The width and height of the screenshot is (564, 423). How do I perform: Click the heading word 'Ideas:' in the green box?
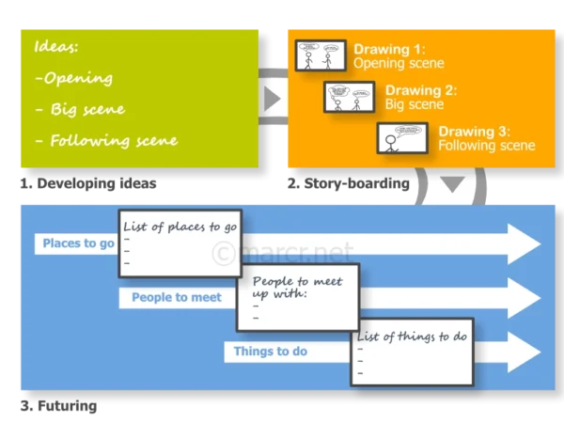57,46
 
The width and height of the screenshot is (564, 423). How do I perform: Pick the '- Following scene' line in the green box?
105,141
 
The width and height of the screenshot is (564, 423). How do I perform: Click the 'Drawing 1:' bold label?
389,49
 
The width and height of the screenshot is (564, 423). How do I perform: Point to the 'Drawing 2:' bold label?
420,91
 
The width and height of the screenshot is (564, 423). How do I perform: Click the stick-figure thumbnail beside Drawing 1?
320,55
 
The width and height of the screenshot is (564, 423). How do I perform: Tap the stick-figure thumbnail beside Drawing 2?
350,97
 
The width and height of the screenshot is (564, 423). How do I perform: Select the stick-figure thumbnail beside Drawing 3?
403,138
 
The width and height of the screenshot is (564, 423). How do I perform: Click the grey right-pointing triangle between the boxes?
273,98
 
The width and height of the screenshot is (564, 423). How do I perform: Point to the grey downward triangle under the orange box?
453,184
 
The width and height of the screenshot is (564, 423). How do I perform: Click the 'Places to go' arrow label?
78,243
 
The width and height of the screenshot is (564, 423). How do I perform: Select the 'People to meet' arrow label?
177,297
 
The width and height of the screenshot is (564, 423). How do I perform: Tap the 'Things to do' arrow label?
271,351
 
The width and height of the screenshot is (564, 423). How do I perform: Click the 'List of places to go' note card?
180,242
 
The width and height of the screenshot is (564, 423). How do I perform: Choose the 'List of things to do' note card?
411,352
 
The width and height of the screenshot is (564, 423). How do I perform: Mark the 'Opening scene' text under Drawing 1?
399,63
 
